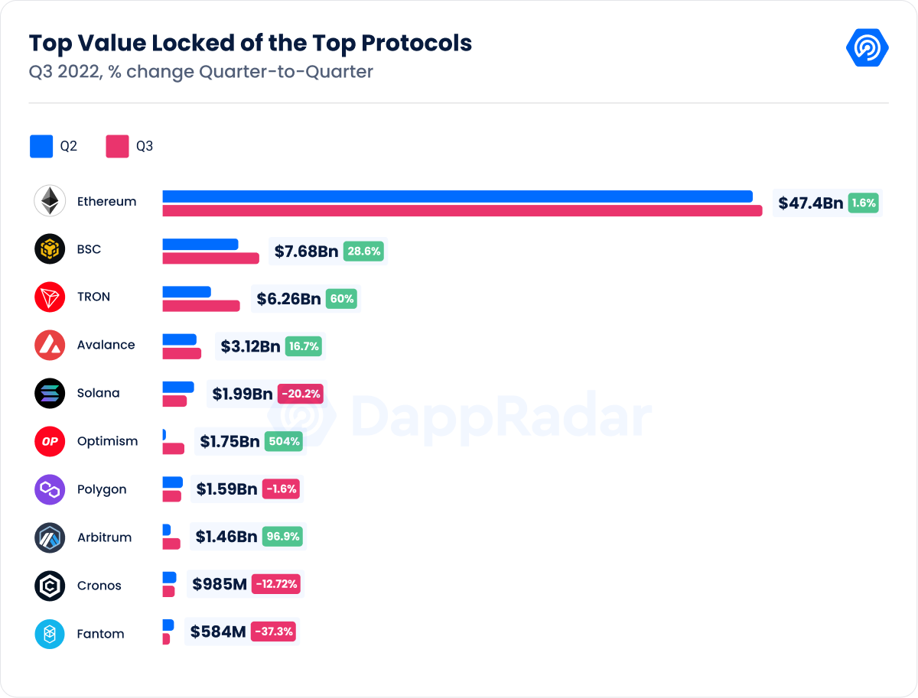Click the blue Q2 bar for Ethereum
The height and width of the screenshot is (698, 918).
point(457,196)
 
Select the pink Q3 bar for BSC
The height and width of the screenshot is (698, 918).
point(211,258)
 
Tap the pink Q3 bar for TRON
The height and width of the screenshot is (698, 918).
point(201,306)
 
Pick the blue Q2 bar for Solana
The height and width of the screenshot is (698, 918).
point(178,388)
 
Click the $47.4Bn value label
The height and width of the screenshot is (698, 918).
point(810,203)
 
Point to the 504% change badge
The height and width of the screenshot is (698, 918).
point(283,441)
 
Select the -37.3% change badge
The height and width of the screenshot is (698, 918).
point(273,632)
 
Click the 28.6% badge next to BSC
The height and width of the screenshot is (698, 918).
point(363,251)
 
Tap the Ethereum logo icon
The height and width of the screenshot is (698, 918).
point(50,201)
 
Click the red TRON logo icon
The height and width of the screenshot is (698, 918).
point(50,297)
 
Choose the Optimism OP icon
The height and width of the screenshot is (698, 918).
point(50,441)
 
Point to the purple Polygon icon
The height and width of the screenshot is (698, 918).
point(50,489)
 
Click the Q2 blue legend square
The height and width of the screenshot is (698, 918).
point(41,146)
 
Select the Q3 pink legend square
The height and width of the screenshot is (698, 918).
point(117,146)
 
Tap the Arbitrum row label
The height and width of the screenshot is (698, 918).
point(104,537)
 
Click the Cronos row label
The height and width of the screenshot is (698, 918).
point(99,586)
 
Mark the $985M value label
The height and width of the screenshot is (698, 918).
point(220,585)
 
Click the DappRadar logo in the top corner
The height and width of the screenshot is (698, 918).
point(867,47)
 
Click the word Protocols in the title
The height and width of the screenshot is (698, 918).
point(416,43)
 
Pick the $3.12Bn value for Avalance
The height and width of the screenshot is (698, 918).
point(250,346)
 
